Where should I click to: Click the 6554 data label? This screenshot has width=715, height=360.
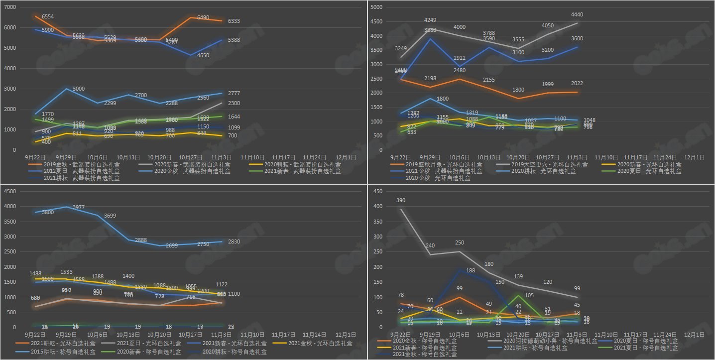click(47, 17)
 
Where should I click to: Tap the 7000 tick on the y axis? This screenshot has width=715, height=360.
click(10, 7)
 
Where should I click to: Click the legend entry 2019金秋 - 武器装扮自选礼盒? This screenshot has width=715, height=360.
click(75, 164)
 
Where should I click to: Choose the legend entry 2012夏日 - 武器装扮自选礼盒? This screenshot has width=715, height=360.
click(75, 171)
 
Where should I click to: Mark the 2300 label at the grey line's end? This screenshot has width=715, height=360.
click(234, 103)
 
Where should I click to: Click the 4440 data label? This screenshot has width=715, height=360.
click(577, 15)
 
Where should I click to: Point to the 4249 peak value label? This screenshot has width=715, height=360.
click(431, 20)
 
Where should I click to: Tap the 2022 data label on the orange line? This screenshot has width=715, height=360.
click(577, 84)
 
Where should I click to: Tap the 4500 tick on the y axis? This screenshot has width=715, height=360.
click(10, 192)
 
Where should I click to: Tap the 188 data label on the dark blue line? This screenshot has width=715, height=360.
click(470, 271)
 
